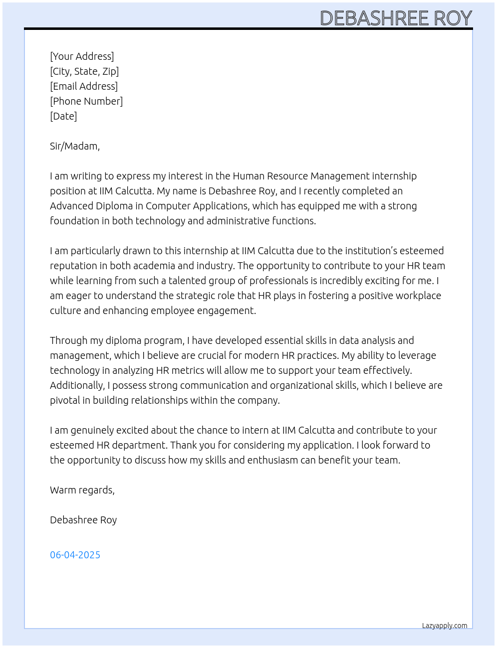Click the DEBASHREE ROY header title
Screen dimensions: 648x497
click(396, 18)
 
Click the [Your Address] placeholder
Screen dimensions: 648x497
click(82, 56)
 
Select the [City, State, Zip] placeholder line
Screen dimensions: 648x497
click(84, 71)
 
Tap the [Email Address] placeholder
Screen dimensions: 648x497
click(84, 86)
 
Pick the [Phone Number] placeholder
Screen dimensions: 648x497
click(86, 101)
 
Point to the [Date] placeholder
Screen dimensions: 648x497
click(63, 116)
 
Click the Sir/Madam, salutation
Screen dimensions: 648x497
click(75, 146)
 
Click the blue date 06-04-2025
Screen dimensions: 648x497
click(75, 555)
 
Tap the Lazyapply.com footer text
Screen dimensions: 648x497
click(445, 626)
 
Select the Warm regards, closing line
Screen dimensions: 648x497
click(82, 490)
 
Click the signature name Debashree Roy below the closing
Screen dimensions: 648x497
click(83, 520)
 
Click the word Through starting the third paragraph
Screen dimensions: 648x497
click(68, 340)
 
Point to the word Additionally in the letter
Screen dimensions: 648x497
click(77, 385)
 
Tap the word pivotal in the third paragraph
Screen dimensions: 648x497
click(65, 400)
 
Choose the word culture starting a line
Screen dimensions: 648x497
click(65, 311)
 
